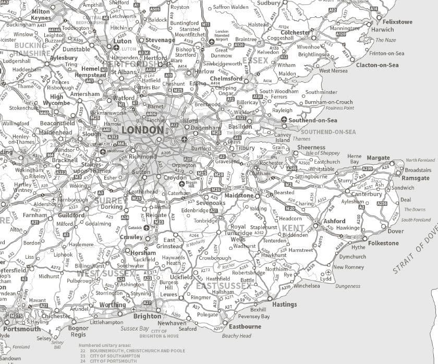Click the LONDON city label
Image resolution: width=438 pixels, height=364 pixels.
coord(142,130)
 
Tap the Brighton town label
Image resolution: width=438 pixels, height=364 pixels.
coord(148,316)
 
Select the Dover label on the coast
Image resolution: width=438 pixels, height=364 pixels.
coord(395,231)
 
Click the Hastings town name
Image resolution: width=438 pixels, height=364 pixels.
coord(284,304)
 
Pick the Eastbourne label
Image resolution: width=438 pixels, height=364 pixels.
coord(245,326)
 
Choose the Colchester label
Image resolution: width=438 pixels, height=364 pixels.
coord(296,32)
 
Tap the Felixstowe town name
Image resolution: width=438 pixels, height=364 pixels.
coord(397,22)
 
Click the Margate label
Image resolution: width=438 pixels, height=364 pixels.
coord(378,158)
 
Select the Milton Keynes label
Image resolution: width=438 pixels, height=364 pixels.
coord(41,15)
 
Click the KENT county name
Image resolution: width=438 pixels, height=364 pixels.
coord(293,228)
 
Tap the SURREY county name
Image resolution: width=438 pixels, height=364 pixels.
coord(109,200)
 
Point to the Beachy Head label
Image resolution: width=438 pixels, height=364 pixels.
coord(237,336)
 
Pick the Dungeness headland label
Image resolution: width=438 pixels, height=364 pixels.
coord(348,286)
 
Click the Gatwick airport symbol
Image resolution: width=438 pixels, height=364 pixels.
coord(147,227)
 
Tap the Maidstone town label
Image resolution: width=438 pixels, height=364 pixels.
coord(239,195)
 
